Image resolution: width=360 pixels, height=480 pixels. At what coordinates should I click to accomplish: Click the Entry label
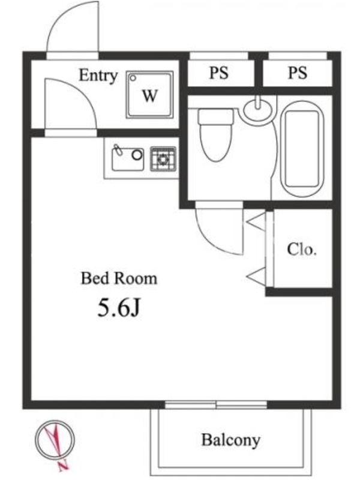[98, 76]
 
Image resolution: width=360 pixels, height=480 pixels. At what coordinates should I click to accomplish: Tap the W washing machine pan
[149, 95]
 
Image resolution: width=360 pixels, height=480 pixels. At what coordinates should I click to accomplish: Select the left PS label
[218, 73]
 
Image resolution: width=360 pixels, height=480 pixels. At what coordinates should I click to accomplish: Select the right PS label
[297, 73]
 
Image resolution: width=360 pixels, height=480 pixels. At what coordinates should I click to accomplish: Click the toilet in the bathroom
[215, 135]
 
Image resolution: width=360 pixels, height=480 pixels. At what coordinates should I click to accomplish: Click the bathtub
[302, 149]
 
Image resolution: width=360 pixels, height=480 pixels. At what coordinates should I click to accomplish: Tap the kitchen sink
[128, 158]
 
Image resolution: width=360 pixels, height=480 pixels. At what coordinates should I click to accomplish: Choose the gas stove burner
[163, 159]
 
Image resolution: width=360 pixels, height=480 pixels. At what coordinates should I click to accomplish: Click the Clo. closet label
[302, 250]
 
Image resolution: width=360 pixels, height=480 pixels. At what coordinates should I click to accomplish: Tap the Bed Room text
[119, 278]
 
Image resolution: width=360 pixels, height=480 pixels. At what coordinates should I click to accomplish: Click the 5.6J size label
[119, 307]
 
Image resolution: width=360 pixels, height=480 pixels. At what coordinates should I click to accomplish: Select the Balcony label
[231, 440]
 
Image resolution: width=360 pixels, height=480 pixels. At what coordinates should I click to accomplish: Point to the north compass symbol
[55, 440]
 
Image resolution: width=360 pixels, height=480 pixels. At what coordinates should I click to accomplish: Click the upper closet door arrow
[256, 221]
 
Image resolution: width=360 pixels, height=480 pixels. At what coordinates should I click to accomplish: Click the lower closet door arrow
[256, 277]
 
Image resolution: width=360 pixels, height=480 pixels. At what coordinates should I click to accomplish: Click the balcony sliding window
[216, 404]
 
